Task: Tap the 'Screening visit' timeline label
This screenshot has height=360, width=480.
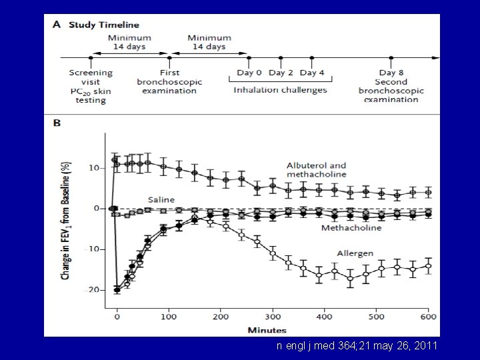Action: [x=91, y=73]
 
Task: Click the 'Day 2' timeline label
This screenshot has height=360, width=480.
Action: [x=281, y=73]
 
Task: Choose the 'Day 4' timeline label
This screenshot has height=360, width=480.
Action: [x=312, y=73]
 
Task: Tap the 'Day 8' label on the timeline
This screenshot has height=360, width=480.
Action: [x=391, y=73]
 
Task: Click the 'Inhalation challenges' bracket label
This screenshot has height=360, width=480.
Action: [x=280, y=90]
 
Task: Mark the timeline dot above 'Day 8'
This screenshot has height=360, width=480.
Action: [x=391, y=58]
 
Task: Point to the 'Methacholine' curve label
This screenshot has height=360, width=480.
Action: [x=352, y=227]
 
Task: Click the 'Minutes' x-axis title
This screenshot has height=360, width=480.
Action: [x=266, y=330]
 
